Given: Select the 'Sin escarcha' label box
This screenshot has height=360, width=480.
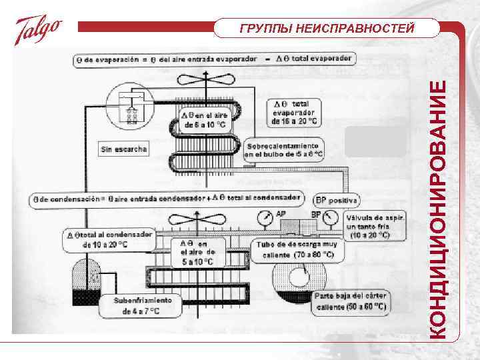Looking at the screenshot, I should [x=123, y=149].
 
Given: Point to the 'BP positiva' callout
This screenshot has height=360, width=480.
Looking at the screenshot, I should [x=337, y=200].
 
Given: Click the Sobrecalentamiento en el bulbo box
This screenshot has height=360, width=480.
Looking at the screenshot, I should [x=284, y=150].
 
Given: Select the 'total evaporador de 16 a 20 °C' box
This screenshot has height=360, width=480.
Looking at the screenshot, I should [x=294, y=113].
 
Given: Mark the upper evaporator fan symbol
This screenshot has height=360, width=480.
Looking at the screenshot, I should [x=207, y=85].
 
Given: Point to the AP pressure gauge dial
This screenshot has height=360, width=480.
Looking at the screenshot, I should [x=264, y=218].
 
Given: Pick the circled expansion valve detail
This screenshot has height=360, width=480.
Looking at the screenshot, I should [x=131, y=105].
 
